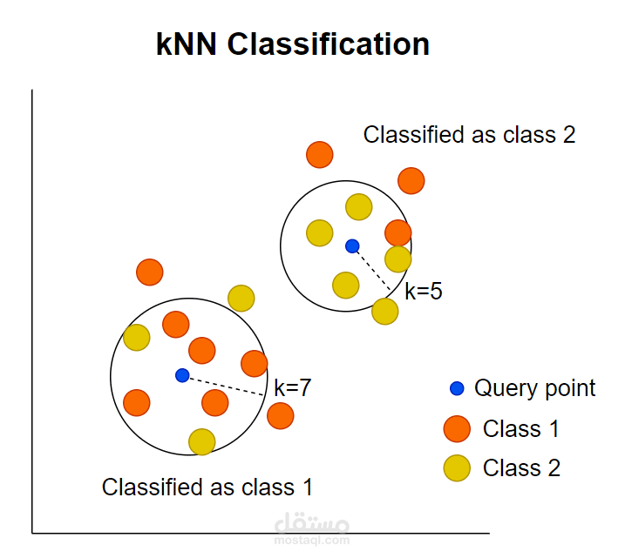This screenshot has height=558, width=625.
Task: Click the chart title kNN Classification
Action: (x=293, y=44)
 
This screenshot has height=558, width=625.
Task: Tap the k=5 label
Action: (x=424, y=292)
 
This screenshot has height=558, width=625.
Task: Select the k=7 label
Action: (x=292, y=388)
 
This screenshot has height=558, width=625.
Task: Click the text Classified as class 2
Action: (x=469, y=135)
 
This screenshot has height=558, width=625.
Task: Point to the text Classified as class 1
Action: (x=207, y=487)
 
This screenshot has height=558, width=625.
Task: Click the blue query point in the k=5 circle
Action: (x=352, y=246)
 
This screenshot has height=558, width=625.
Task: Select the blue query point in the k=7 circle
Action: (x=182, y=375)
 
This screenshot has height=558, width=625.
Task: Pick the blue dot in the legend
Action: (x=457, y=388)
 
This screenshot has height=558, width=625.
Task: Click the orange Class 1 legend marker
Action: (x=457, y=429)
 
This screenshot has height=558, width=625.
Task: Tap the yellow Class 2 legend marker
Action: (x=457, y=468)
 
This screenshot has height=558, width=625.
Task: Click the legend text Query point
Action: (x=534, y=388)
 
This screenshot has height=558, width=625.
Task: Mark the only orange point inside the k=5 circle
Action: (x=398, y=232)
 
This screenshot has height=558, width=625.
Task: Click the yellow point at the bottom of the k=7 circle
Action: (x=202, y=441)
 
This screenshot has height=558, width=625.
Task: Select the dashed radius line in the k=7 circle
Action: (x=223, y=385)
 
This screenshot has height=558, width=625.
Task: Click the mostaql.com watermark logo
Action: (x=311, y=526)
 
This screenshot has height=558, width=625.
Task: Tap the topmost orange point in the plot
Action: (x=320, y=155)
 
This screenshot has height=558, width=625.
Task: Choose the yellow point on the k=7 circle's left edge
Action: (x=136, y=337)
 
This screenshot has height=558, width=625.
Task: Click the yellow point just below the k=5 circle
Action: (x=384, y=311)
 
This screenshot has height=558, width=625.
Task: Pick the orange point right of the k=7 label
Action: (x=280, y=416)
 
